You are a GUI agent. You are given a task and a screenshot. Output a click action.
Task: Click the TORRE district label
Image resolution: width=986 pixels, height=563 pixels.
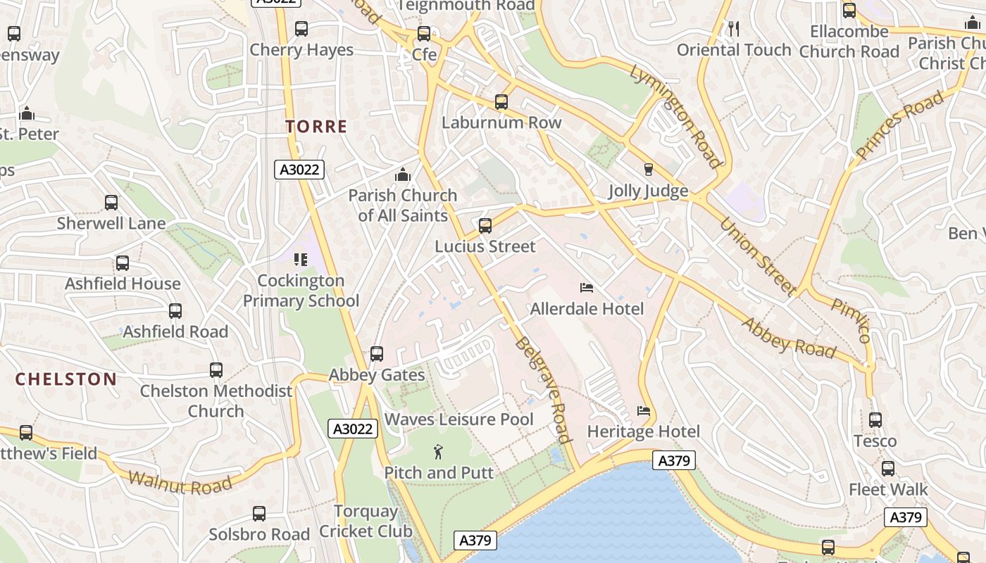(x=316, y=127)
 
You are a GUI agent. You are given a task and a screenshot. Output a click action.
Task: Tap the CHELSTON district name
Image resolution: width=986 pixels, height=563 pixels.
(x=66, y=379)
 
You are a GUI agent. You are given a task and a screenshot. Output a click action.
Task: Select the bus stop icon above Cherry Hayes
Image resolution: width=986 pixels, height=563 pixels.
(x=301, y=29)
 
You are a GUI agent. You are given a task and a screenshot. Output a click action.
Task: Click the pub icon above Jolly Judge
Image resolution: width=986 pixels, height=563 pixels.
(x=649, y=169)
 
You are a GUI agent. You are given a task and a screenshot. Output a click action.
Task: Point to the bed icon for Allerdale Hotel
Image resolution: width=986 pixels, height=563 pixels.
(x=587, y=287)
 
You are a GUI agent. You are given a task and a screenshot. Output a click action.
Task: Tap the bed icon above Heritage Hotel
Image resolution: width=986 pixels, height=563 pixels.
(x=643, y=411)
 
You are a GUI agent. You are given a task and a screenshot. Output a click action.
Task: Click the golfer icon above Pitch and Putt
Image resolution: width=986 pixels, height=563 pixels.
(x=439, y=452)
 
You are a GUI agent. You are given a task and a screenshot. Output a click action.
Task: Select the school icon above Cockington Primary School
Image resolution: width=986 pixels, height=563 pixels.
(x=301, y=260)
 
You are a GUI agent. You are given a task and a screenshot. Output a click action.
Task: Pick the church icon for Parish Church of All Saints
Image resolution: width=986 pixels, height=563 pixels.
(x=403, y=174)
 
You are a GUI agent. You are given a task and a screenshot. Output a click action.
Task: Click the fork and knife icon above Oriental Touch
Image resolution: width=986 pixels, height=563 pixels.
(x=733, y=28)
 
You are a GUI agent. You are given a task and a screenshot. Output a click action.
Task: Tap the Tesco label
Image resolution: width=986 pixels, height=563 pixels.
(x=875, y=441)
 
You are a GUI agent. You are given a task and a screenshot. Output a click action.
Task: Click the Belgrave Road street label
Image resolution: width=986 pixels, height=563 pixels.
(x=542, y=389)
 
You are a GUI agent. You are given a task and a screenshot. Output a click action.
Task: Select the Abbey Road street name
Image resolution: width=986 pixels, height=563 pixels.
(x=789, y=338)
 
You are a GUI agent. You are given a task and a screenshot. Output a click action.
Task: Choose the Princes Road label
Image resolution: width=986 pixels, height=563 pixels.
(x=899, y=125)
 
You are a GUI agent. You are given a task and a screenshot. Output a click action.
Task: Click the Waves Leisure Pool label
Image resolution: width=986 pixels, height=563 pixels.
(x=458, y=419)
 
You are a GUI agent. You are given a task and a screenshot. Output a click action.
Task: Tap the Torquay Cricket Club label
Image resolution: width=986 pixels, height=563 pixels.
(x=366, y=521)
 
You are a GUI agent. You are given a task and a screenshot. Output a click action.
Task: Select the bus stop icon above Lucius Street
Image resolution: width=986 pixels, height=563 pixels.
(x=485, y=226)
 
